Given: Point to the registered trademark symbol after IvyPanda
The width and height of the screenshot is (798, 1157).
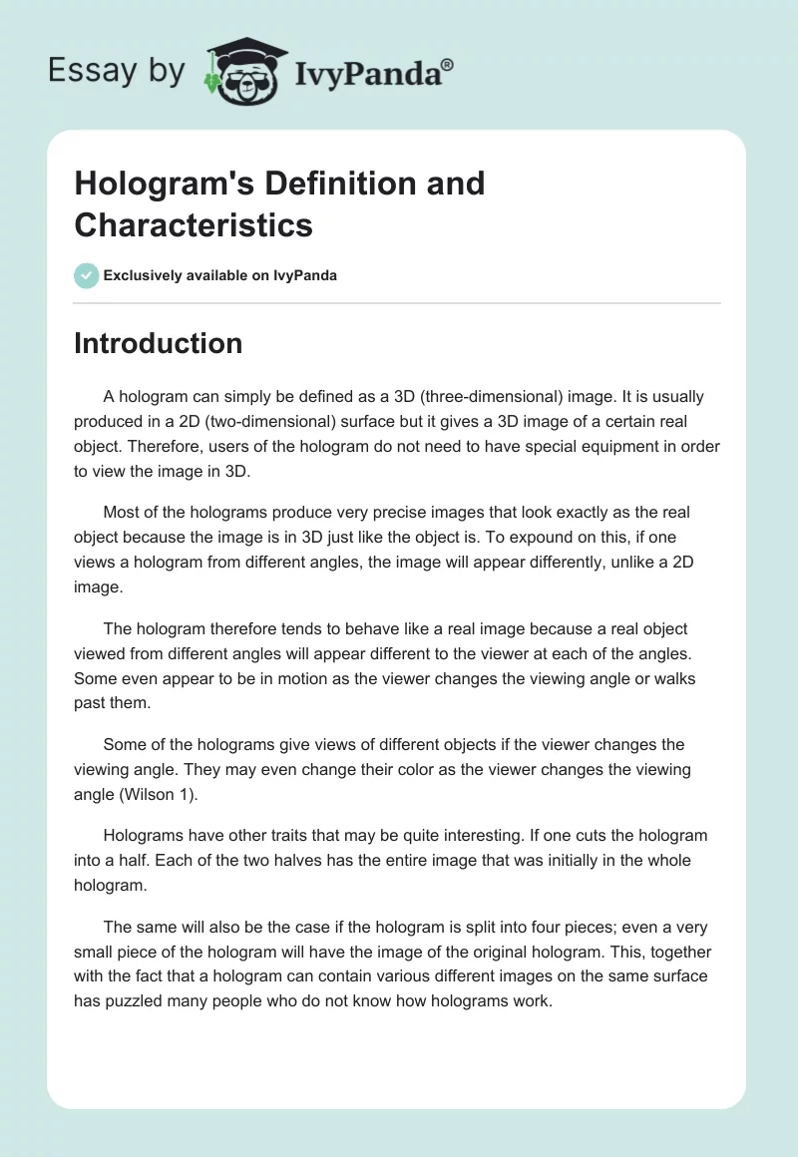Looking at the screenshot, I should pos(448,65).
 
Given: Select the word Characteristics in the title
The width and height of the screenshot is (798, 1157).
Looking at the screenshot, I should pos(194,224).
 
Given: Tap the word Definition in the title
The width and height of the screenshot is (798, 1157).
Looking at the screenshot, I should pos(328,184).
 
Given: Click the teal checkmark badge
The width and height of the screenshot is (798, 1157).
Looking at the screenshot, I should pos(87,275).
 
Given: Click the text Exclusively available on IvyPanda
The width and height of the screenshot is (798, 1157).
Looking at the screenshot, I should pos(219,275).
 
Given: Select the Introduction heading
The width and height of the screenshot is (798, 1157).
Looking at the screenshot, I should pos(159,343).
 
